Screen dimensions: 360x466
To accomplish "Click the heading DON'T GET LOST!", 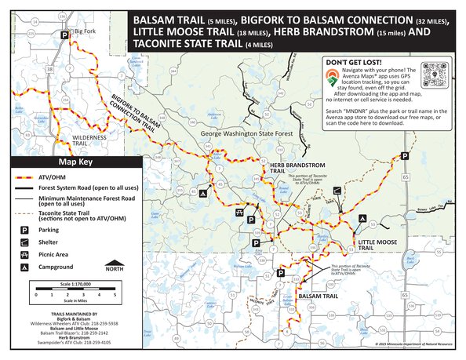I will [352, 61].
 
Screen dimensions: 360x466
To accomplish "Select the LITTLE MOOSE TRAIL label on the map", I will [376, 244].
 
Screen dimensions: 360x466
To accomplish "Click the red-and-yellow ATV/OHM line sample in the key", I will [25, 178].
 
